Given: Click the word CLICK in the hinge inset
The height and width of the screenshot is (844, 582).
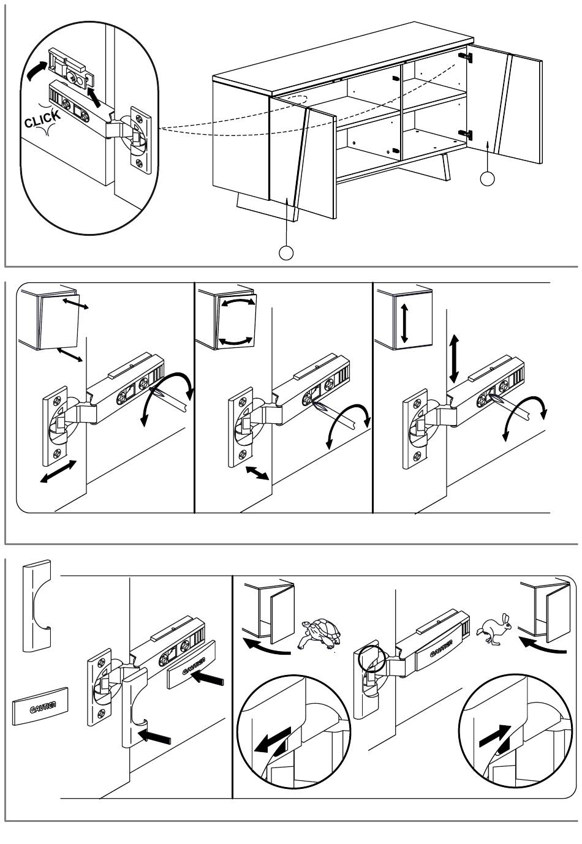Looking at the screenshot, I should coord(42,118).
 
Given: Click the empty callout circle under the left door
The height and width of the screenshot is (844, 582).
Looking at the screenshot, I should coord(286,252).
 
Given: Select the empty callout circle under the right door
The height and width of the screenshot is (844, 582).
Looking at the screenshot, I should coord(487,178).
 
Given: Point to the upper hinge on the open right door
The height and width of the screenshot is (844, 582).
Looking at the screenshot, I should coord(467,57).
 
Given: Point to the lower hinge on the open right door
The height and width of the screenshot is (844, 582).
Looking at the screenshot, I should coord(467,133).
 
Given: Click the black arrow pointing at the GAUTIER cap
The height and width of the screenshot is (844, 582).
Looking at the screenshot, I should coord(209,678).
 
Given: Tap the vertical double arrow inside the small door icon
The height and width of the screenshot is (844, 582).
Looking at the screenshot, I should coord(404,321).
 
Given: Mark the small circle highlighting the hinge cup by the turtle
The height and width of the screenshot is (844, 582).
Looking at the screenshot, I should coord(369,658).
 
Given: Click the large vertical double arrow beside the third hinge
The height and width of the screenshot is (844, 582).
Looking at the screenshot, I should coord(453,358).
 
